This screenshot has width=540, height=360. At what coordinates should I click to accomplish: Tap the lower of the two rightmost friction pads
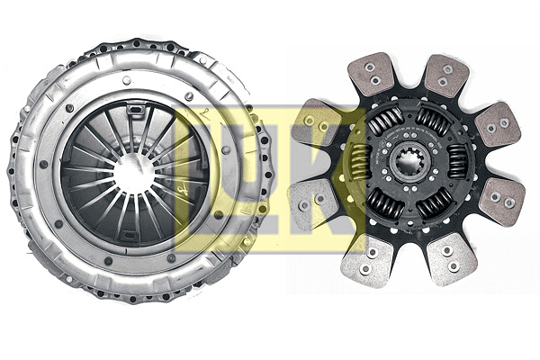tap(500, 200)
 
